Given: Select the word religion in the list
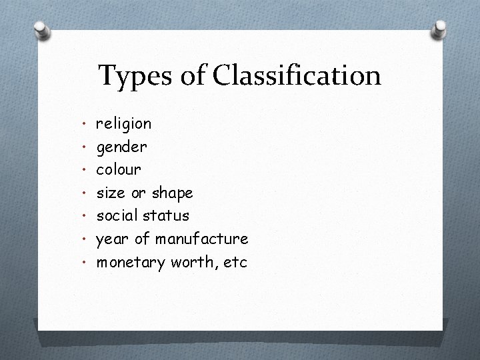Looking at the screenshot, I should (x=124, y=124).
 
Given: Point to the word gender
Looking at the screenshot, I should (x=122, y=147).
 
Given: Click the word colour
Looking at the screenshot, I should (x=119, y=169).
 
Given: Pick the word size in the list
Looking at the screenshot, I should (x=111, y=193).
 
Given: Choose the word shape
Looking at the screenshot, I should (x=172, y=193).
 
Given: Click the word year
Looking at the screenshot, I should (x=112, y=239).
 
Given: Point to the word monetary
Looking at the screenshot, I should (x=131, y=263).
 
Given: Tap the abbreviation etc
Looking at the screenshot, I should (x=236, y=262).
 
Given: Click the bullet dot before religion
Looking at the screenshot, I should (x=85, y=124).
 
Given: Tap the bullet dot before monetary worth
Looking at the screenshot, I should (x=85, y=262).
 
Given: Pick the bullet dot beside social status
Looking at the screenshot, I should (x=85, y=216).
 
